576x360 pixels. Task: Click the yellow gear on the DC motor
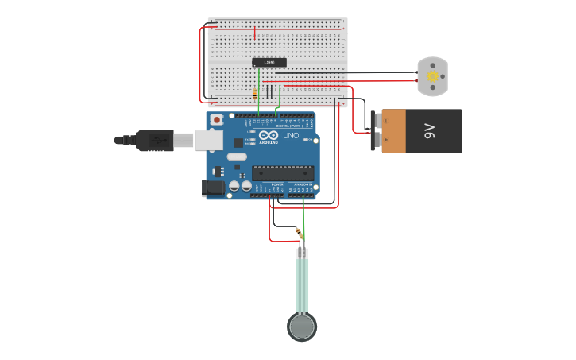[432, 77]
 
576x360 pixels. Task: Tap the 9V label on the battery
[430, 131]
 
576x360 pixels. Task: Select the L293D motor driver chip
[269, 62]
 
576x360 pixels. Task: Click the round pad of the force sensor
[302, 326]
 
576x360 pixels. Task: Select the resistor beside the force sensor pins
[299, 233]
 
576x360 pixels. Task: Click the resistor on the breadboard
[254, 93]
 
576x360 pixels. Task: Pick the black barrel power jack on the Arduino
[213, 188]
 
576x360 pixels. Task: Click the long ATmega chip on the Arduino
[283, 172]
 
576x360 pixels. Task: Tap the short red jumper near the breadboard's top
[254, 33]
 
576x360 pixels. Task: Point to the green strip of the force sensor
[302, 285]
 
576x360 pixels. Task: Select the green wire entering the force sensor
[303, 219]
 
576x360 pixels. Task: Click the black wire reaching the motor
[381, 72]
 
